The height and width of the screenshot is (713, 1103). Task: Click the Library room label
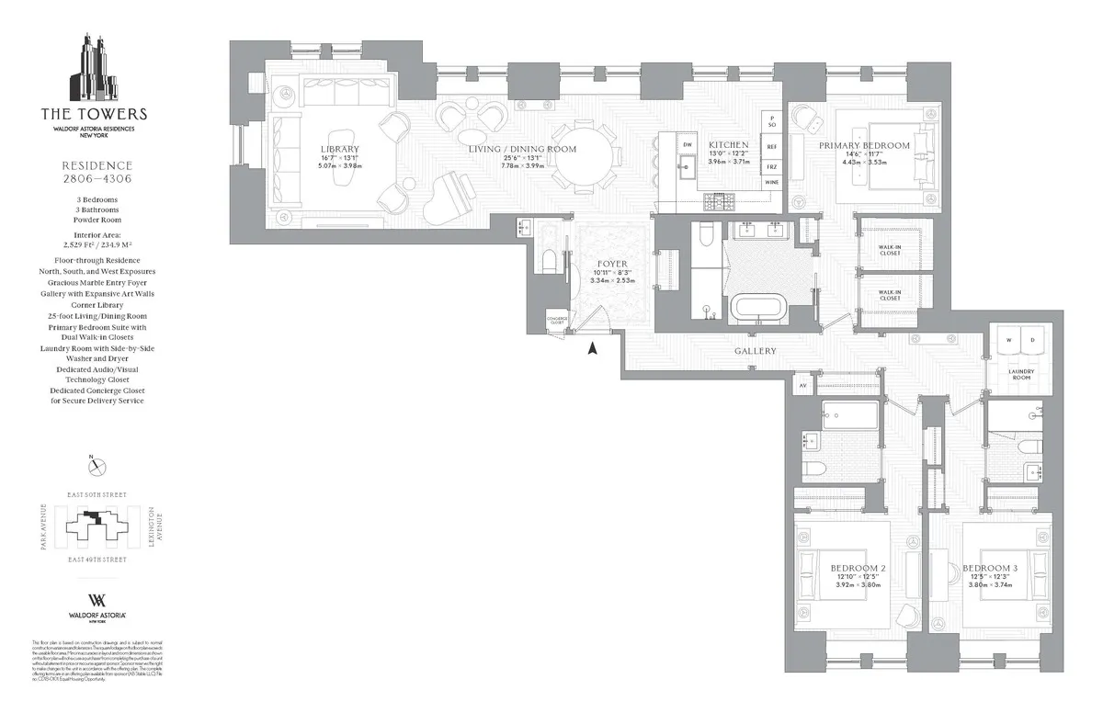point(340,149)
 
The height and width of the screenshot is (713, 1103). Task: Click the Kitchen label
point(728,145)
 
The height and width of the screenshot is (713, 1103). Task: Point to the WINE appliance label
point(771,183)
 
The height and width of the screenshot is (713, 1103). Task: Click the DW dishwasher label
point(687,145)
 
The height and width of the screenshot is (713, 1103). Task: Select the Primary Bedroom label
point(864,145)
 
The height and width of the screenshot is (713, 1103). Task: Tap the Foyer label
point(612,264)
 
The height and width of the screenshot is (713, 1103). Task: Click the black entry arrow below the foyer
point(593,348)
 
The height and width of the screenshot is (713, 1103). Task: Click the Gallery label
point(755,351)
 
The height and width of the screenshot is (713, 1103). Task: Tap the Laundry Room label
point(1022,376)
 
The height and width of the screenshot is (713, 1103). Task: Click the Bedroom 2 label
point(857,568)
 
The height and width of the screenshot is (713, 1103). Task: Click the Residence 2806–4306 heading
point(93,172)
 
